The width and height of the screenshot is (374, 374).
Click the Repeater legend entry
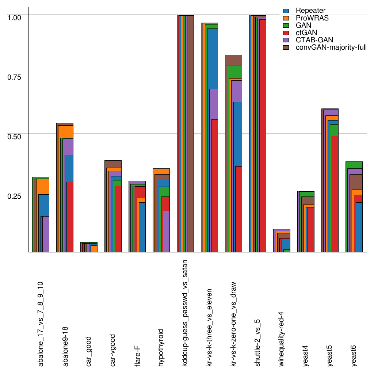coord(305,11)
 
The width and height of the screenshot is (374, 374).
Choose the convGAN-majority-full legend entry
coord(331,47)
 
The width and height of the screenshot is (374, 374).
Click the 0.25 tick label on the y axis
coord(15,195)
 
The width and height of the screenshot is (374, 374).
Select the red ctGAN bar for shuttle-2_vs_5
coord(262,136)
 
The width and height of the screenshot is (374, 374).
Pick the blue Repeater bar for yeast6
coord(359,227)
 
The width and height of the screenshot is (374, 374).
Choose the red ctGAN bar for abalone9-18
coord(70,217)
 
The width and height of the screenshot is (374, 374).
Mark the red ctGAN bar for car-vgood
coord(118,219)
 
